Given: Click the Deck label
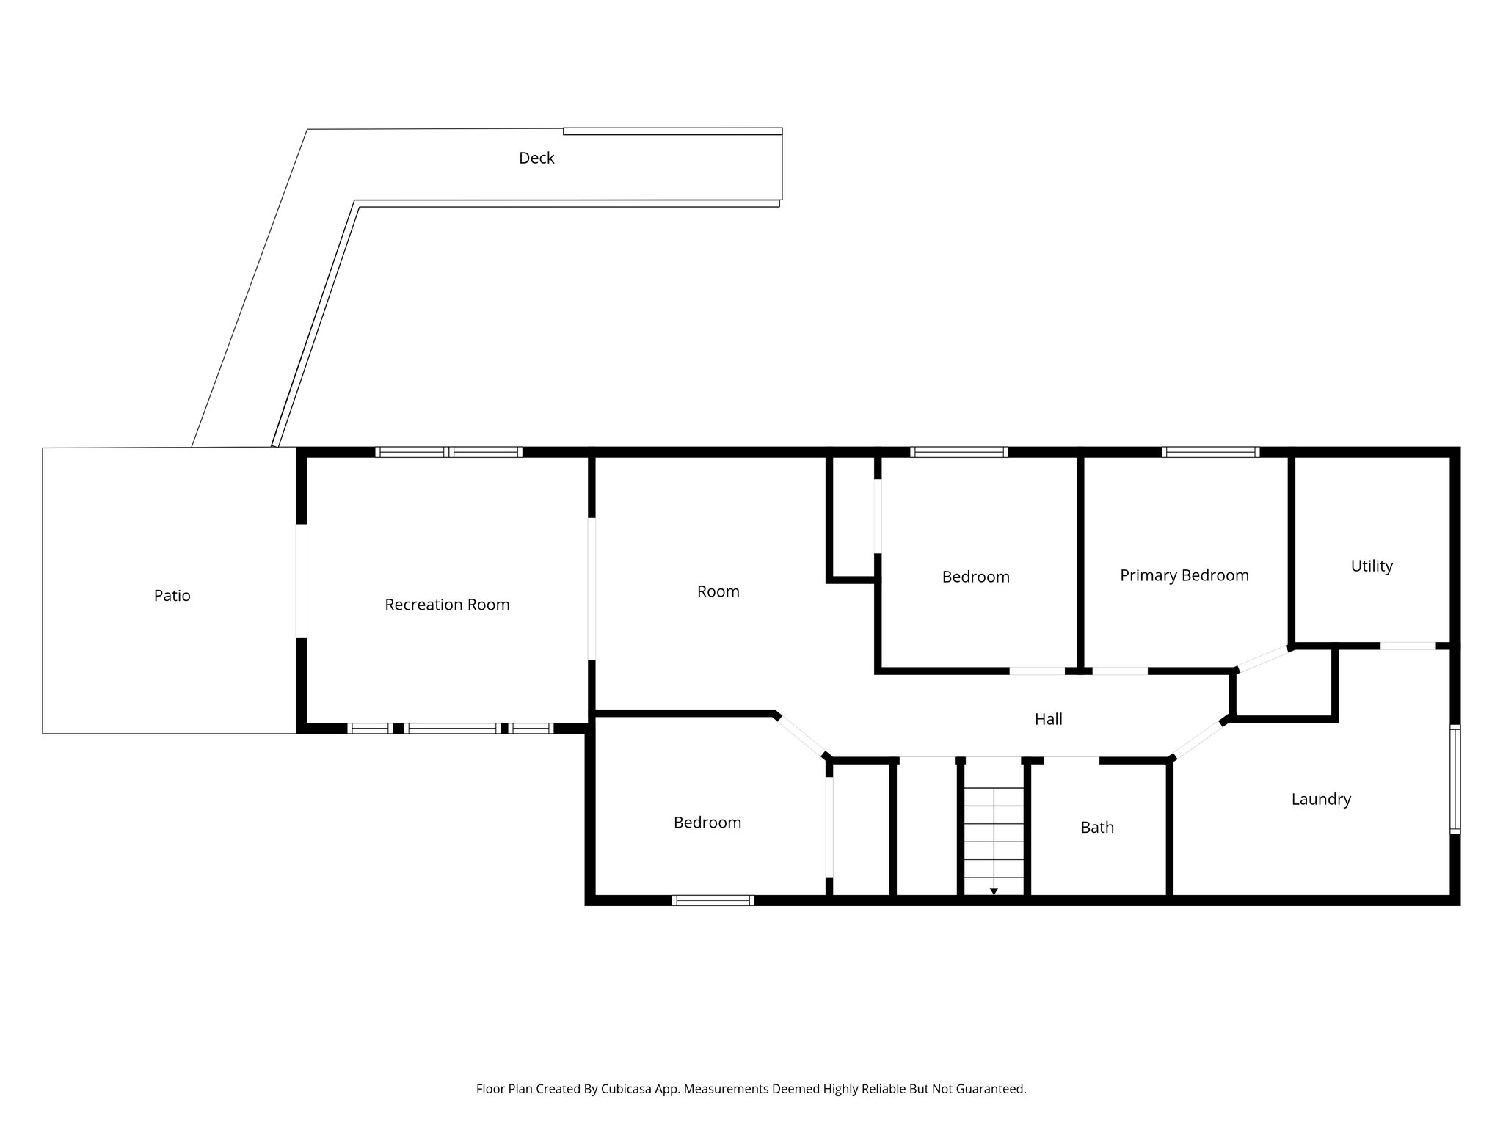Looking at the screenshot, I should point(536,158).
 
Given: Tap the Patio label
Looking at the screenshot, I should point(172,596).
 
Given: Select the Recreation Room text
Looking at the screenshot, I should point(447,605).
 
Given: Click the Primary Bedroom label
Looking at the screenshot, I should point(1184,575).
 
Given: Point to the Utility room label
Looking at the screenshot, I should point(1372,566).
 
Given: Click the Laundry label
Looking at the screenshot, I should point(1321,799).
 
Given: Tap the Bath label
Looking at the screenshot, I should point(1097,828).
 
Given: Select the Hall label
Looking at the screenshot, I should point(1048,719).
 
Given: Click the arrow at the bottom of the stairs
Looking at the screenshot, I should point(994,891).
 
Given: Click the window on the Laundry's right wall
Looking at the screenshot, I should point(1455,778).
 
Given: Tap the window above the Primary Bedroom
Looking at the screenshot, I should point(1211,452).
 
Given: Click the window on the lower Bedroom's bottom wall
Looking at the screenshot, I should point(713,900).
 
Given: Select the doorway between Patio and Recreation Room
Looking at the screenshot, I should point(301,580).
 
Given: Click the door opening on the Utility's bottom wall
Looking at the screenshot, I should point(1408,646).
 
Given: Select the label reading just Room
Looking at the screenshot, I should point(718,591).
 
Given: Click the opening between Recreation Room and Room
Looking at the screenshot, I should point(592,588).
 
